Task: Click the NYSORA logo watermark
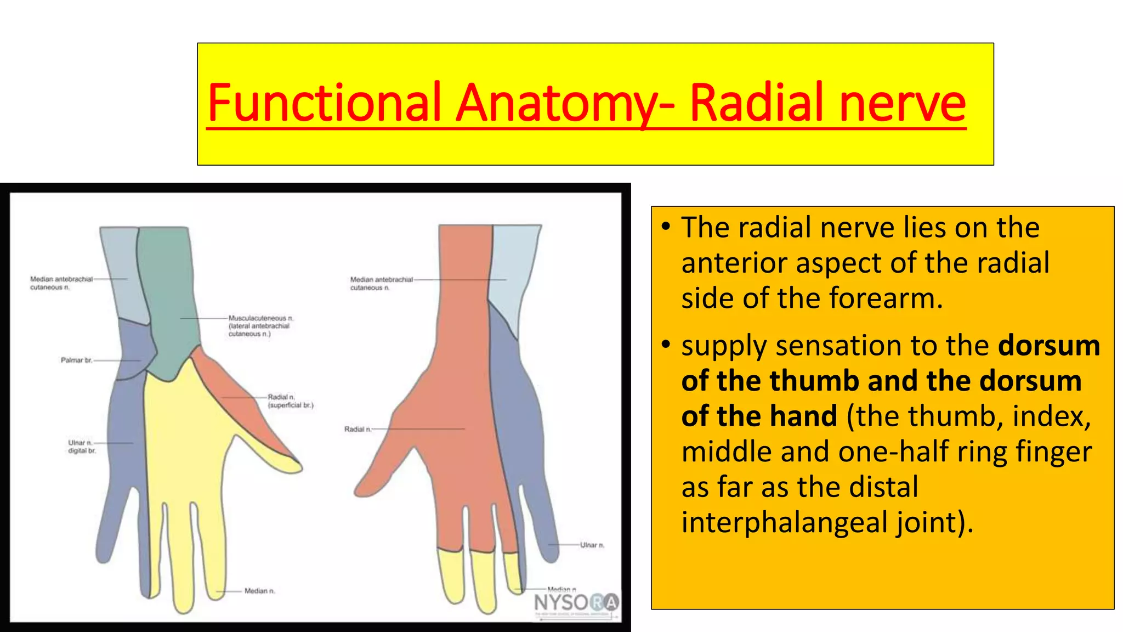[576, 603]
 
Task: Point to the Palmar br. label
[76, 360]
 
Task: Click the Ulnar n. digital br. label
[82, 447]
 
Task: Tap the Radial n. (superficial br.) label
[290, 401]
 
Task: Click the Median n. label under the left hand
[259, 591]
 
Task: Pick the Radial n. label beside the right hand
[358, 429]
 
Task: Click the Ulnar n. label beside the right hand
[592, 545]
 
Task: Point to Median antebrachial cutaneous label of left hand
[61, 283]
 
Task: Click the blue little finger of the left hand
[110, 527]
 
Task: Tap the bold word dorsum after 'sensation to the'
[1048, 346]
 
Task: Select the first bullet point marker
[666, 227]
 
